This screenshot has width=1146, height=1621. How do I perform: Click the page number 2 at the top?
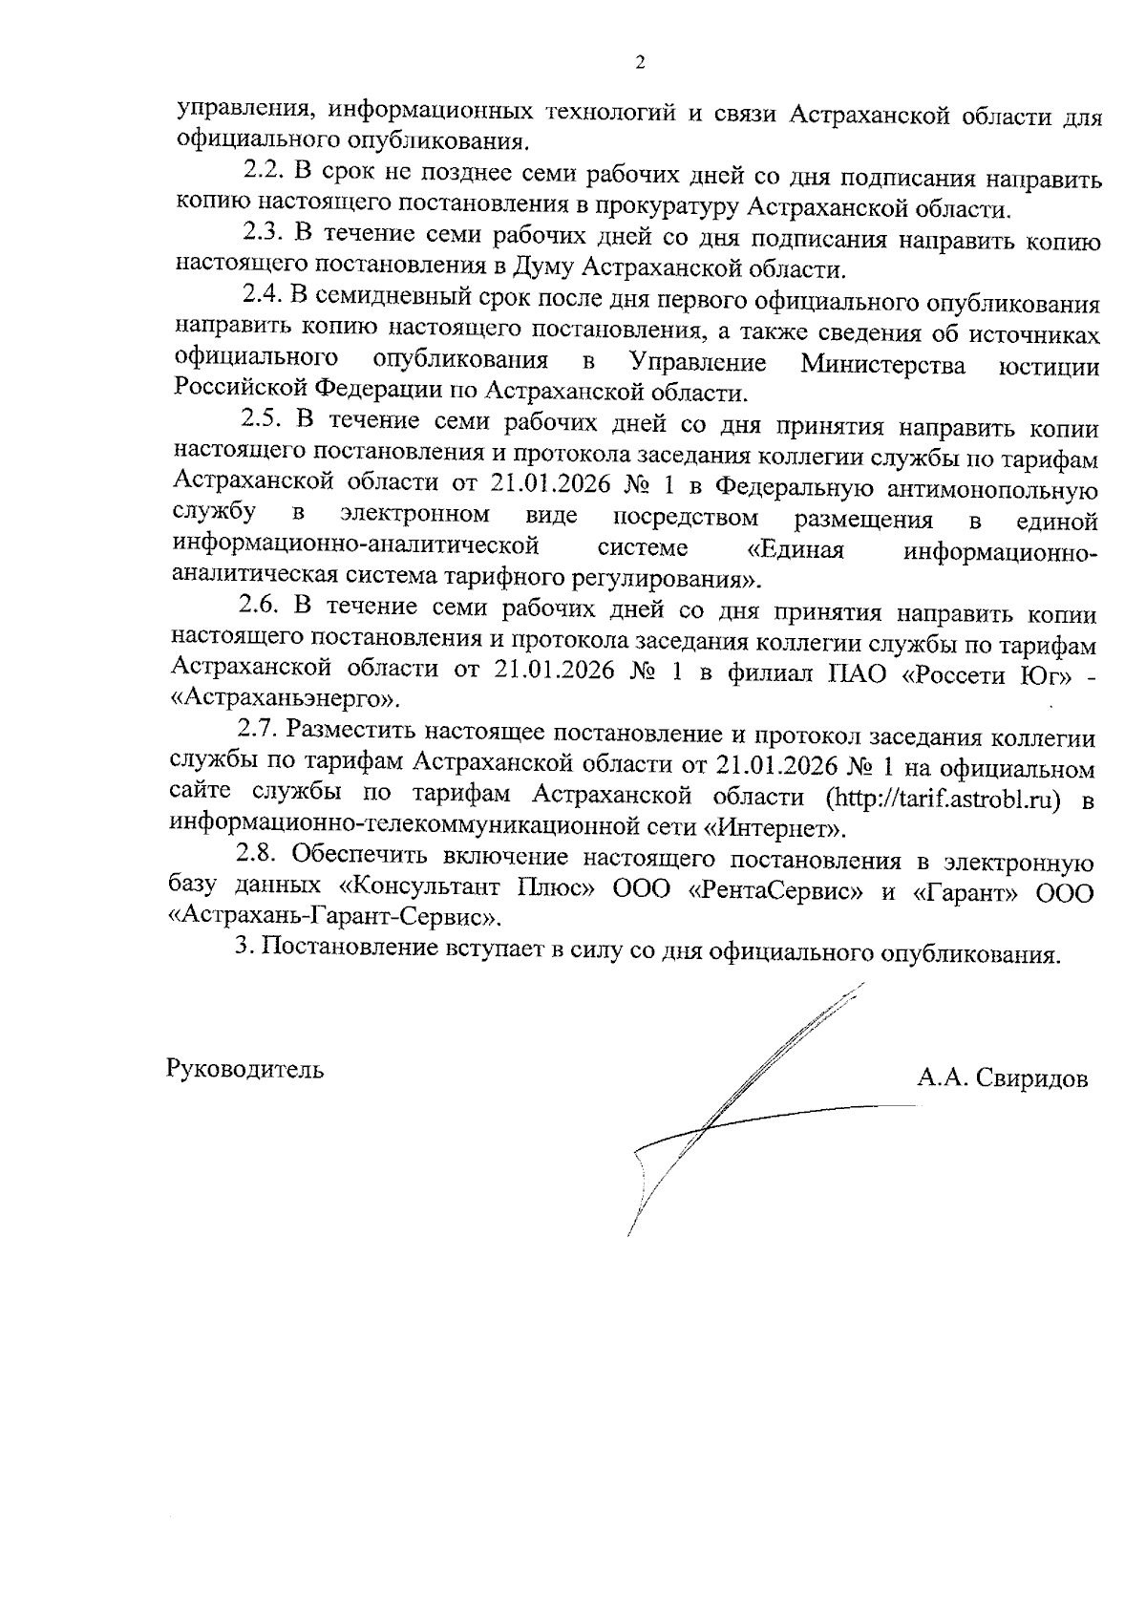point(640,63)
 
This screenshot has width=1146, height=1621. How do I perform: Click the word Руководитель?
point(245,1069)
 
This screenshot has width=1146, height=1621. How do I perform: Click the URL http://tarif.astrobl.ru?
point(944,799)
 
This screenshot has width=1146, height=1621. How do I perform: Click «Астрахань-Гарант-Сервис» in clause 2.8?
point(335,919)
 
